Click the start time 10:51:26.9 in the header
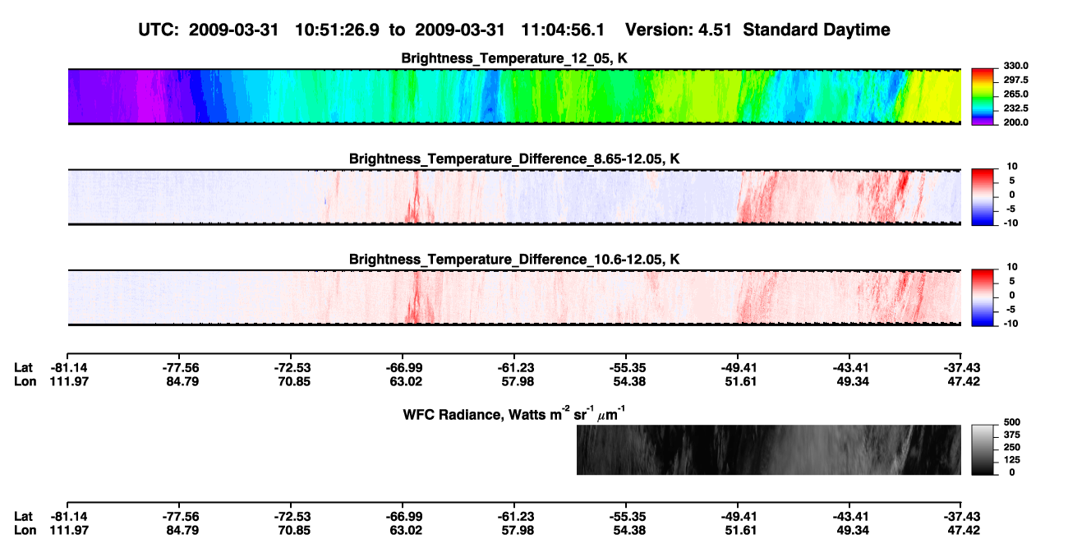point(337,30)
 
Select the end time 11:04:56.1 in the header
point(563,30)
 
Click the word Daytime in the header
point(853,30)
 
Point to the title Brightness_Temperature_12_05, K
point(514,58)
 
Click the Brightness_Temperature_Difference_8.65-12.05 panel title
point(514,159)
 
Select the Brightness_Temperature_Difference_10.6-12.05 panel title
point(514,260)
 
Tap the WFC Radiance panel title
point(514,414)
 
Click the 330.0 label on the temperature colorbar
point(1015,66)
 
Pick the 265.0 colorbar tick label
point(1015,94)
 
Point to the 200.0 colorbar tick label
point(1015,122)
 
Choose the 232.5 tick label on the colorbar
point(1015,108)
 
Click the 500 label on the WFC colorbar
point(1012,422)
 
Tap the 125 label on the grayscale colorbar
point(1012,460)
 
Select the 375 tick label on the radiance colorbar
point(1012,435)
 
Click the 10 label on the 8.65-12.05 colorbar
point(1012,167)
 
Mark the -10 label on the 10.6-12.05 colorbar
point(1010,324)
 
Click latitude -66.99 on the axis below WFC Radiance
point(404,517)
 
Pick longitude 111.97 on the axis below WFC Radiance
point(69,531)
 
